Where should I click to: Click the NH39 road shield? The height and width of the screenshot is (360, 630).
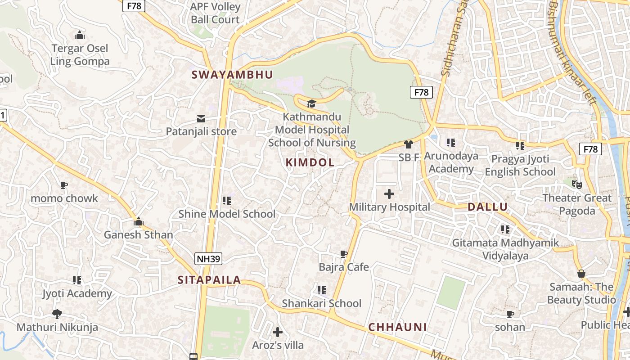coord(208,258)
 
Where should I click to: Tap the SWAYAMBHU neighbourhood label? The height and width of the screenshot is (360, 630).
coord(233,75)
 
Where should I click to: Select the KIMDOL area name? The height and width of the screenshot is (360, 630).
coord(310,162)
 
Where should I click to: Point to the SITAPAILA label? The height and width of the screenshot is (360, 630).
coord(209,280)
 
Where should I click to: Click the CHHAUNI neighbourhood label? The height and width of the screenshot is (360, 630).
coord(397,327)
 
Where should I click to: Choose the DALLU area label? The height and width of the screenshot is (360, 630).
coord(487,207)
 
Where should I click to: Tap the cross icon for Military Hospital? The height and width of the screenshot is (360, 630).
coord(389,194)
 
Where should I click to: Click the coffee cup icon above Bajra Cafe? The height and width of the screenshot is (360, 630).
coord(344,254)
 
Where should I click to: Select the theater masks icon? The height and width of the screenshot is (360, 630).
coord(577,184)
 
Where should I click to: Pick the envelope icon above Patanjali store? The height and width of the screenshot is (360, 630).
coord(201,119)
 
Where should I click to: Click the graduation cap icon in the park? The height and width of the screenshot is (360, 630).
coord(311,104)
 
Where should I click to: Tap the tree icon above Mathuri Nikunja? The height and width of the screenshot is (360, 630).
coord(57,314)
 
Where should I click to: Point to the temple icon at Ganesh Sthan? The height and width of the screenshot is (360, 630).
coord(138,221)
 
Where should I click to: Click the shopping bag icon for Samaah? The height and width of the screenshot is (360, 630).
coord(581,274)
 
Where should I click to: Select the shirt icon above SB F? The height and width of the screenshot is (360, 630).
coord(409,144)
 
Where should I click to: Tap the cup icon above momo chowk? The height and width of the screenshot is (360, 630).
coord(64,185)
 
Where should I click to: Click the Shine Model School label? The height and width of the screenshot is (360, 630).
coord(227,214)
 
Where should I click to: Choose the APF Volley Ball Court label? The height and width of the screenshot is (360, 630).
coord(215,13)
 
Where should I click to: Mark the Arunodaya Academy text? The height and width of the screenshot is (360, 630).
coord(451,162)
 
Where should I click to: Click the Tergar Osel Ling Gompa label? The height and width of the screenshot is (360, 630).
coord(80,54)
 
